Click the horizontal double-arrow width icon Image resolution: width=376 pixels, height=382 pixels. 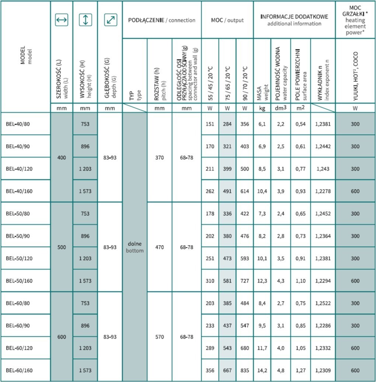[x=62, y=20]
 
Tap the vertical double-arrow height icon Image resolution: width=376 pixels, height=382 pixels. [x=86, y=20]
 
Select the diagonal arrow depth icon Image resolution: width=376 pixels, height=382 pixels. [x=110, y=20]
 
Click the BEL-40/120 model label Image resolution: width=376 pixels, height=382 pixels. [x=19, y=169]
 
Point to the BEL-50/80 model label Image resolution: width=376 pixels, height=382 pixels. [x=18, y=214]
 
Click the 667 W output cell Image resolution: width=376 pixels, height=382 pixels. [x=227, y=370]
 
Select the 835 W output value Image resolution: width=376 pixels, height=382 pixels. [x=244, y=370]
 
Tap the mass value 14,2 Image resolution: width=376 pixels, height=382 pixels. [x=262, y=370]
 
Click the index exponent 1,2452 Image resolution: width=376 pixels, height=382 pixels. [x=323, y=214]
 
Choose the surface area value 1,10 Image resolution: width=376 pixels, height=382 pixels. [x=300, y=281]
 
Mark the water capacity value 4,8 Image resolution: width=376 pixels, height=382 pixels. [x=281, y=370]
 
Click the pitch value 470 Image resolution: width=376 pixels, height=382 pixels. [x=159, y=247]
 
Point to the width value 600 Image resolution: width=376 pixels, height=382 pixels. [x=62, y=337]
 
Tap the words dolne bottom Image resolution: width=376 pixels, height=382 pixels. [x=135, y=247]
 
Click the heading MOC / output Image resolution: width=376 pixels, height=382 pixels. [x=227, y=20]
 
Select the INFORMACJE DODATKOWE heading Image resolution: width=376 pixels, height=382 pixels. [x=294, y=17]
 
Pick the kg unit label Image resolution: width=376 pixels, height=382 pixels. [x=262, y=109]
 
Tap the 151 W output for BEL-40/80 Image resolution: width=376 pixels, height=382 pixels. [x=210, y=124]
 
